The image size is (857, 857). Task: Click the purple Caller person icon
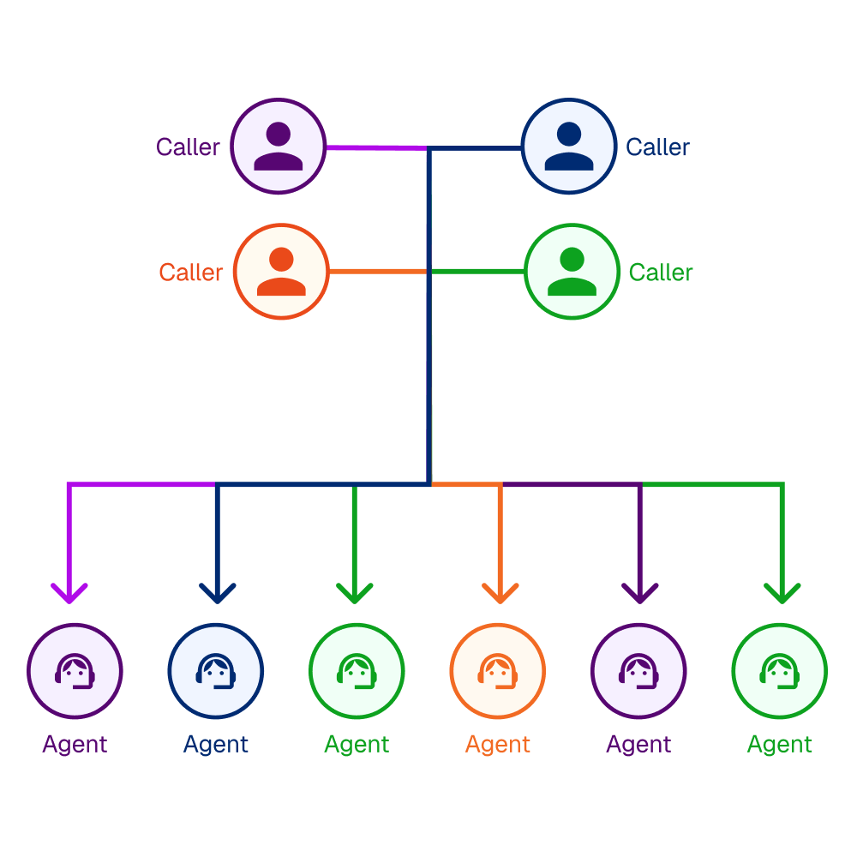279,147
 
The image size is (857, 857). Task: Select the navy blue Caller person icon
569,147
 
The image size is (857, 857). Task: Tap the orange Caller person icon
281,272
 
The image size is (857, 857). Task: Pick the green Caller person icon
572,272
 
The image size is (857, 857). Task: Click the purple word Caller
188,147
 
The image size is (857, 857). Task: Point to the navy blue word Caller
657,147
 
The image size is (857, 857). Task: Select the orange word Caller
190,273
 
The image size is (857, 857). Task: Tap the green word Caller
661,273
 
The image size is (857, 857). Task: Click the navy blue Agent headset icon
216,670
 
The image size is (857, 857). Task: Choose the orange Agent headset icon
498,670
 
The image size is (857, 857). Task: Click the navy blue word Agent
216,744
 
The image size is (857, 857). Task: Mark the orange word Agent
498,744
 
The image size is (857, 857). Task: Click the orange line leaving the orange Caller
377,272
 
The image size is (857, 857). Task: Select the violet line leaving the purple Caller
373,147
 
